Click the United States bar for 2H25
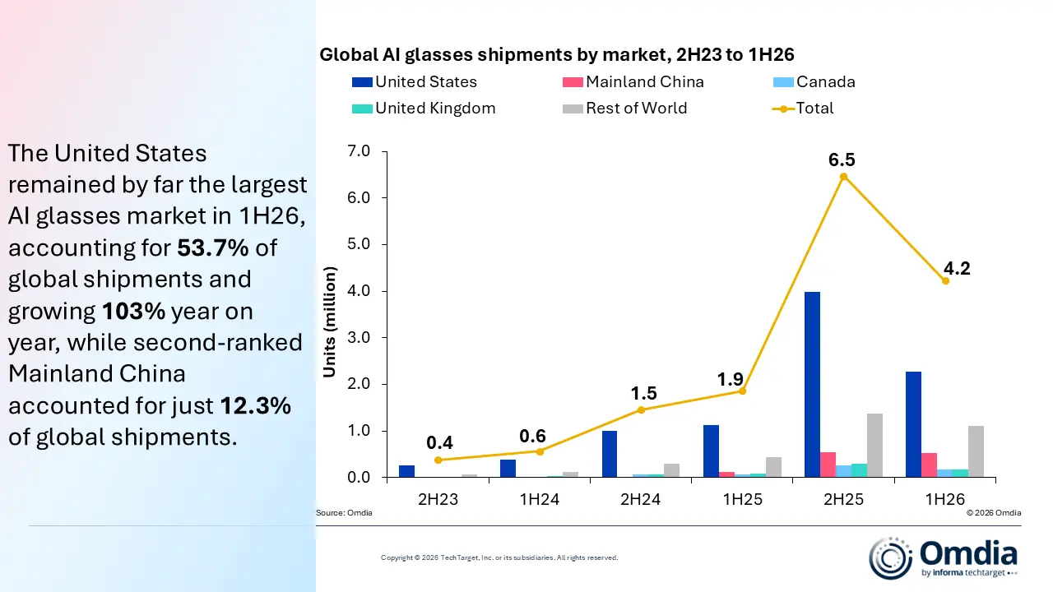click(812, 384)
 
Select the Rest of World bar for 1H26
click(976, 451)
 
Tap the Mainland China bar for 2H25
click(828, 465)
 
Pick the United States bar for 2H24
click(610, 454)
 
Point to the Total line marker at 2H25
click(843, 177)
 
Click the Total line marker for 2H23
click(438, 460)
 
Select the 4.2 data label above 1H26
click(957, 268)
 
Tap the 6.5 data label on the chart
click(842, 160)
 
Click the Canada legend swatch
click(783, 82)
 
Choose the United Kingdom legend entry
click(424, 109)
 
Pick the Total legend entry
click(802, 109)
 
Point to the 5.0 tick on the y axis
click(359, 244)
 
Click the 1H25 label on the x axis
click(742, 499)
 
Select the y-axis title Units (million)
click(330, 322)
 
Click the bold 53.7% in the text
click(213, 247)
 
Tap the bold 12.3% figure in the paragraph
click(256, 405)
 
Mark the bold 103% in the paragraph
click(133, 311)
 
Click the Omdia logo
click(943, 558)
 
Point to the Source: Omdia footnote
click(344, 512)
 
